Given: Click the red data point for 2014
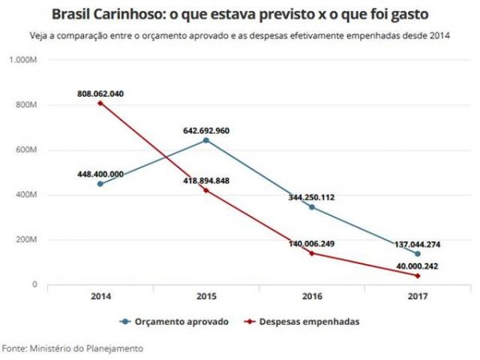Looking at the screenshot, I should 100,103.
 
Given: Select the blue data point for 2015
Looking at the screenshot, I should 207,140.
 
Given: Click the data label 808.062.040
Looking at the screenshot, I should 100,93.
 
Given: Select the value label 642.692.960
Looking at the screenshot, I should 207,129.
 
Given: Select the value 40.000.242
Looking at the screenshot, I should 415,265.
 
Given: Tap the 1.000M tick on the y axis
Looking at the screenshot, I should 26,59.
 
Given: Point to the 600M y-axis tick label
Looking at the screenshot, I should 28,150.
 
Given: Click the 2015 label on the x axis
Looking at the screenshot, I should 207,296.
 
